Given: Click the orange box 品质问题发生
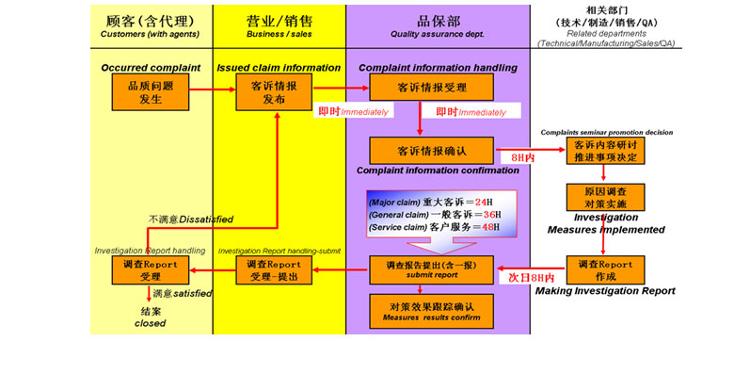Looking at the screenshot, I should click(x=152, y=91).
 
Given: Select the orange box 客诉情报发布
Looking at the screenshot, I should click(x=275, y=91).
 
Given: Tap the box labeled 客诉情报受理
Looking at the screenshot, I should click(x=431, y=88).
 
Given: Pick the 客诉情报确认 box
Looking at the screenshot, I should click(x=431, y=151).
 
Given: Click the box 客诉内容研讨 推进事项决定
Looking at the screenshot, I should click(x=605, y=151).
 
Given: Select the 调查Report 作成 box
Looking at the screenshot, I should click(x=605, y=270).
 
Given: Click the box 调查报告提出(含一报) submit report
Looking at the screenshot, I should click(x=431, y=269).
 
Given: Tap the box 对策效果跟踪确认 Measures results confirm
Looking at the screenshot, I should click(x=431, y=310).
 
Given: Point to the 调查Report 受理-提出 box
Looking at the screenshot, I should click(x=274, y=271).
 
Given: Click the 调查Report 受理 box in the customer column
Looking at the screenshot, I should click(x=151, y=271).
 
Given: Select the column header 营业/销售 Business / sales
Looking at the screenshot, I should click(x=279, y=26).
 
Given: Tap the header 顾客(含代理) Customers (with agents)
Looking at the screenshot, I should click(x=151, y=26).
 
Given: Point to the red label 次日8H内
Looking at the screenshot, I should click(x=531, y=279).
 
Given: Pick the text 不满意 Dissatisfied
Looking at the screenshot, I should click(x=190, y=219).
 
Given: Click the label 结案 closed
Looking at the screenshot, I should click(x=150, y=317).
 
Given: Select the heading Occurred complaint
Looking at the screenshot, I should click(x=151, y=68).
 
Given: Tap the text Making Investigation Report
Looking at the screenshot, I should click(x=605, y=292).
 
